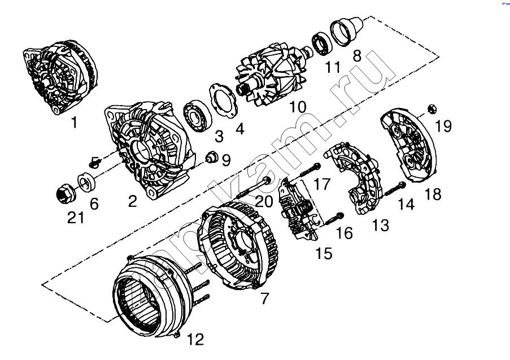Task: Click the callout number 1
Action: pos(74,122)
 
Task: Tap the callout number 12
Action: pos(195,340)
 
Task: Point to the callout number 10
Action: pos(298,107)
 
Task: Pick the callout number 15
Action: pos(324,253)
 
